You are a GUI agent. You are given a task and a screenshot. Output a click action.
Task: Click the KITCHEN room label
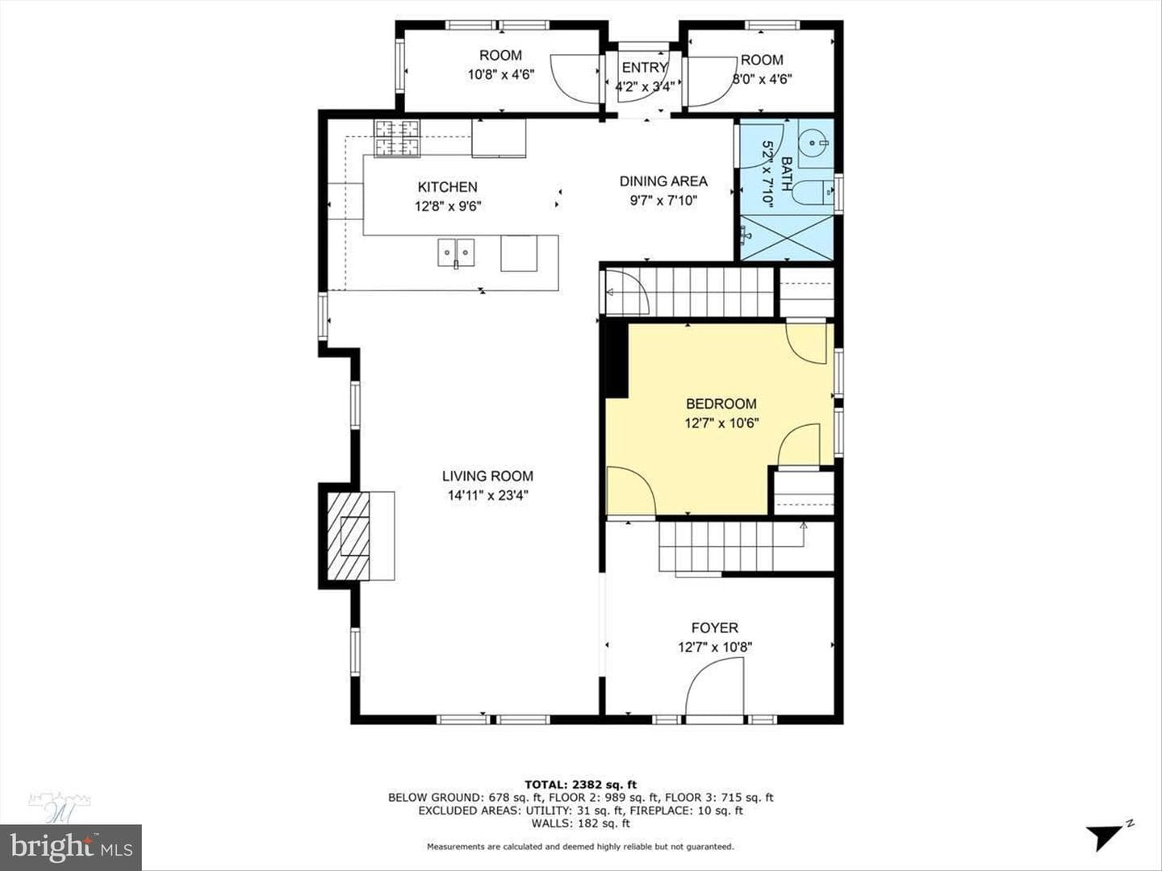447,187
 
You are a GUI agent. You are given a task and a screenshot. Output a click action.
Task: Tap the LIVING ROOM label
487,476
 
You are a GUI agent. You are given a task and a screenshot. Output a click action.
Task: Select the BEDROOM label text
721,404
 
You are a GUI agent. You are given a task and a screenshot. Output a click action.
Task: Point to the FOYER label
715,627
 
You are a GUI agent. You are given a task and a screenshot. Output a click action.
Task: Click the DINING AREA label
663,181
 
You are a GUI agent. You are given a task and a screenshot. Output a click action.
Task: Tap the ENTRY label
644,68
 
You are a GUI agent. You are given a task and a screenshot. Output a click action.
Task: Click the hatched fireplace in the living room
349,536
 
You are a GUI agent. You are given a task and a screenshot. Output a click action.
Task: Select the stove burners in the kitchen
397,139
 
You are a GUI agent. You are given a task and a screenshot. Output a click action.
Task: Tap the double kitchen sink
456,252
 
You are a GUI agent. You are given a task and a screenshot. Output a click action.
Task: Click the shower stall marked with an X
787,238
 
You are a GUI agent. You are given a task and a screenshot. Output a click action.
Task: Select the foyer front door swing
715,686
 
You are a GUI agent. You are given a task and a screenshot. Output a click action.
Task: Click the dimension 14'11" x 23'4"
487,495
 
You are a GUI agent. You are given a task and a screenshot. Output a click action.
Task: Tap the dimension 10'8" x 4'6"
501,74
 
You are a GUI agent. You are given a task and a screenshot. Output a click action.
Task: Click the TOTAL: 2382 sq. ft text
580,785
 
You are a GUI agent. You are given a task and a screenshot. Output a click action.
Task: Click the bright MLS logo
71,847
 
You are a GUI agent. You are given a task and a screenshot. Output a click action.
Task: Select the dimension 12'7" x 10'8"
715,648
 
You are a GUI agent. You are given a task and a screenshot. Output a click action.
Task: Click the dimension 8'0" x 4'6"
762,79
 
